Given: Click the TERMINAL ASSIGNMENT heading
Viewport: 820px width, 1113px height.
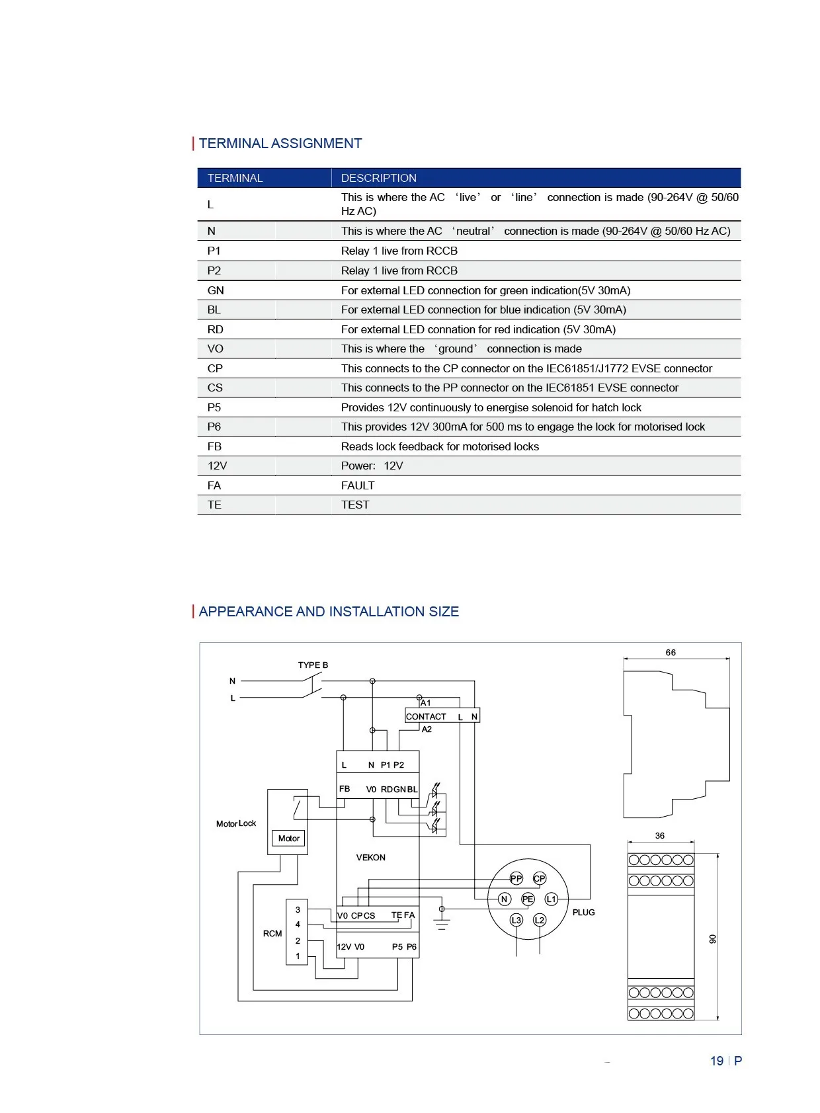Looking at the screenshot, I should coord(280,144).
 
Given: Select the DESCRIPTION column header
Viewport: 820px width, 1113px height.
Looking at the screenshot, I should coord(378,178).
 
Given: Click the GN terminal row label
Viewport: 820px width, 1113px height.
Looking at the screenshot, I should coord(216,290).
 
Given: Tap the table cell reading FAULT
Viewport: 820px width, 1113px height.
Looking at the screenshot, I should coord(358,485).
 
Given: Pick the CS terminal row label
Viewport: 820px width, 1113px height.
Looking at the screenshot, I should coord(215,388).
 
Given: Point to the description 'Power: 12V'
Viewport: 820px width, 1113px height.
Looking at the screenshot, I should coord(372,466).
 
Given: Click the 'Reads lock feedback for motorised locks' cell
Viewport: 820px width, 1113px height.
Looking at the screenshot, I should coord(440,446).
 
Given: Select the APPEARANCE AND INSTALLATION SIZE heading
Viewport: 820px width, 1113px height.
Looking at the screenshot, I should coord(329,612).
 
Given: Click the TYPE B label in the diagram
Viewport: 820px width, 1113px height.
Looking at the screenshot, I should coord(313,665).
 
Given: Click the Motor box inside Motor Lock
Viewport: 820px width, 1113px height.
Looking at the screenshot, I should coord(289,838).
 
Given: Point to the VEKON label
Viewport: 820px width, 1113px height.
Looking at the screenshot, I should coord(370,857).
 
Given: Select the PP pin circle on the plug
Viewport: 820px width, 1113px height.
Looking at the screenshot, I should coord(516,878).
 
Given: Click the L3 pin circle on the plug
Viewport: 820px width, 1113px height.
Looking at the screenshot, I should coord(516,920).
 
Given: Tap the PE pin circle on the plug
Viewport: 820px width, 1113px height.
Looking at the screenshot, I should coord(528,899).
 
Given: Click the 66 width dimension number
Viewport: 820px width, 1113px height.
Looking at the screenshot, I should coord(671,653).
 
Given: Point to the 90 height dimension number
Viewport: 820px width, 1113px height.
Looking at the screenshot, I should coord(712,939).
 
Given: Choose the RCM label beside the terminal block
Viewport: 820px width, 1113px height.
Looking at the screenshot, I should coord(272,933).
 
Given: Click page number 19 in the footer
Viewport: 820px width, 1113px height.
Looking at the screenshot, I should coord(717,1061).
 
